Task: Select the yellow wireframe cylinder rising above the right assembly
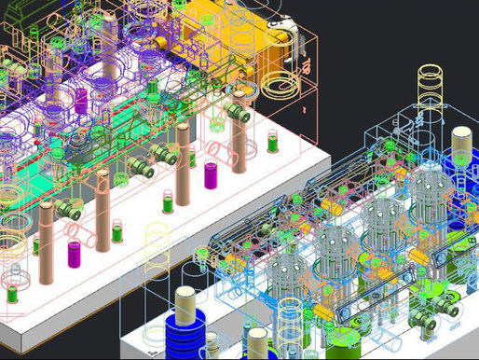pyautogui.click(x=431, y=89)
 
